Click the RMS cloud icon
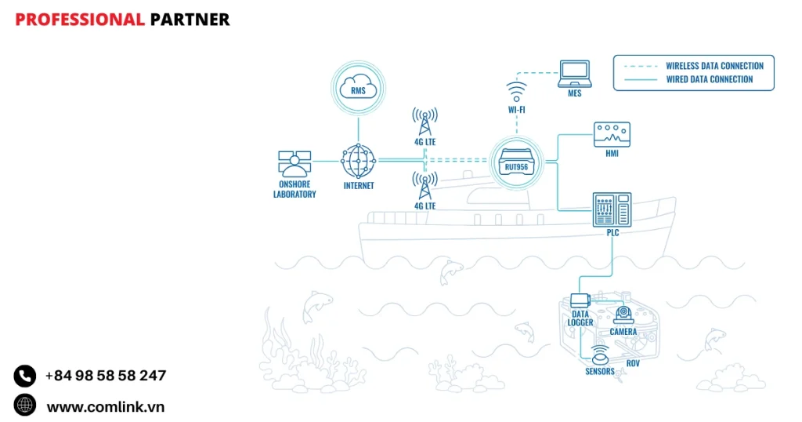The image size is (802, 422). (x=359, y=89)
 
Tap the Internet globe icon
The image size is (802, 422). (x=359, y=162)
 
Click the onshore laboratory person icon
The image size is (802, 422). (x=294, y=166)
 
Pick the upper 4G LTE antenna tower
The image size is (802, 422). (x=424, y=121)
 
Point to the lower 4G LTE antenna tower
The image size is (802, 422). (x=424, y=186)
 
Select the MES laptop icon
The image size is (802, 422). (x=574, y=73)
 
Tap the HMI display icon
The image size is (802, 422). (x=612, y=133)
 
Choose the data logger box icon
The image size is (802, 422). (x=580, y=299)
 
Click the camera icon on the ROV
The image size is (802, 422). (x=623, y=314)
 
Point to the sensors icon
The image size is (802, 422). (x=600, y=354)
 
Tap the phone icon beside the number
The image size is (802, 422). (x=25, y=376)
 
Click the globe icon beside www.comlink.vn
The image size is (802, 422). (x=25, y=405)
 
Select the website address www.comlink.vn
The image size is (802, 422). (x=105, y=406)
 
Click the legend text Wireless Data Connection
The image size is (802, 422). (x=714, y=66)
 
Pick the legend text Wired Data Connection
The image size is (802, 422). (x=710, y=79)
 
